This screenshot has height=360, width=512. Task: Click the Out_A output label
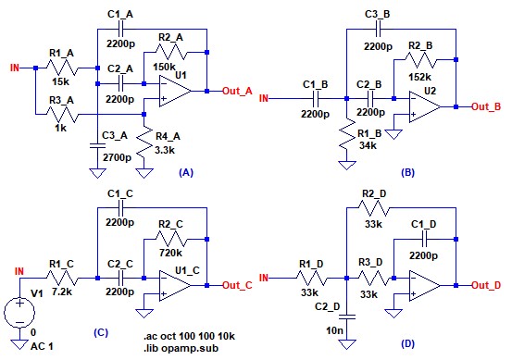(x=237, y=91)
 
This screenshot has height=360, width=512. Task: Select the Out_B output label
(x=486, y=106)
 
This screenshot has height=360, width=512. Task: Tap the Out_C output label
(x=237, y=285)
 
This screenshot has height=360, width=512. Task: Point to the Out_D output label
(x=486, y=285)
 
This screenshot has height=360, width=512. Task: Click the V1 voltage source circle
(x=19, y=313)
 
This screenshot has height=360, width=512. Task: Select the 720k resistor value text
(x=170, y=253)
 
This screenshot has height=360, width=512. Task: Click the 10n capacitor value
(x=334, y=330)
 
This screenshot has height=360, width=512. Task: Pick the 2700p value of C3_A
(x=118, y=157)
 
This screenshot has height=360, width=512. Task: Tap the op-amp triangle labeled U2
(x=424, y=106)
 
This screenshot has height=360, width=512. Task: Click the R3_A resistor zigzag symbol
(x=61, y=114)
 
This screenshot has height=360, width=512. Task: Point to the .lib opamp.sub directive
(x=181, y=348)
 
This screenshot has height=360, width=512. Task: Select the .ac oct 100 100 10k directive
(x=189, y=336)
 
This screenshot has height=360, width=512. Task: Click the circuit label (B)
(x=407, y=172)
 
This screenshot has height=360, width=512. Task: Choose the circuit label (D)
(x=407, y=343)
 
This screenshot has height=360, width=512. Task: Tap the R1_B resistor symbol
(x=347, y=135)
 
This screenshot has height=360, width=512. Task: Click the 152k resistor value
(x=419, y=77)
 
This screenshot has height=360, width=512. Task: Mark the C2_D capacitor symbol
(x=347, y=317)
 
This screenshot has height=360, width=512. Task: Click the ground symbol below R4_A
(x=144, y=173)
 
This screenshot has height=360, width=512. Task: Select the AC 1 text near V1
(x=42, y=346)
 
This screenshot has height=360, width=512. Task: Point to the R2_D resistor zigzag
(x=374, y=208)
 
